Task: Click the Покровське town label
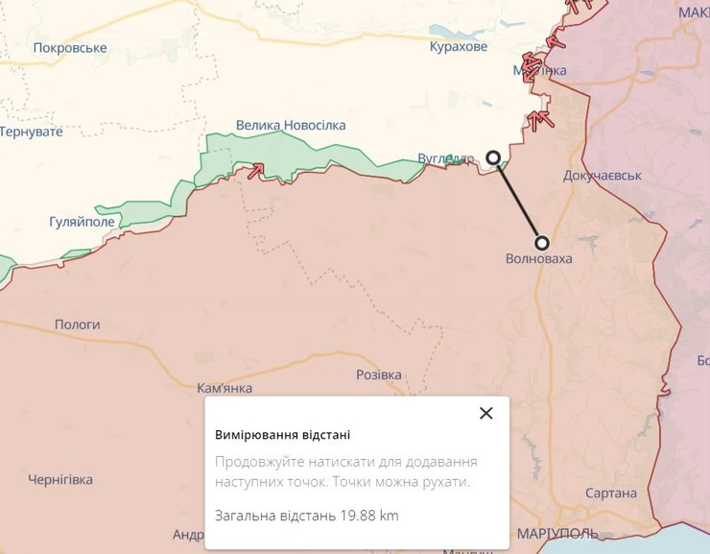[x=69, y=47]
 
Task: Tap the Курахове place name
[x=459, y=46]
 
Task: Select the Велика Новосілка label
[x=291, y=125]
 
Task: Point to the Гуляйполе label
[x=82, y=221]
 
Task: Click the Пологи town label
[x=77, y=325]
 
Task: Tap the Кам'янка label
[x=225, y=388]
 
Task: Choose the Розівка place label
[x=378, y=374]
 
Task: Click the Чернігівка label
[x=60, y=479]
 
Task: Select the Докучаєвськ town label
[x=603, y=176]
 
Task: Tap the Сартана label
[x=610, y=493]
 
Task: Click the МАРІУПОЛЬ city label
[x=556, y=533]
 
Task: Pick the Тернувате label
[x=32, y=131]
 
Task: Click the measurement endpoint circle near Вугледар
[x=493, y=157]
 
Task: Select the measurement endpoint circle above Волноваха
[x=542, y=243]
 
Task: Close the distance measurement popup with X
[x=486, y=413]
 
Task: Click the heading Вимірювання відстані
[x=282, y=434]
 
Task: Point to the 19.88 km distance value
[x=368, y=516]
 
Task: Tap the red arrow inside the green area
[x=256, y=171]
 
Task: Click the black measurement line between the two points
[x=518, y=201]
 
